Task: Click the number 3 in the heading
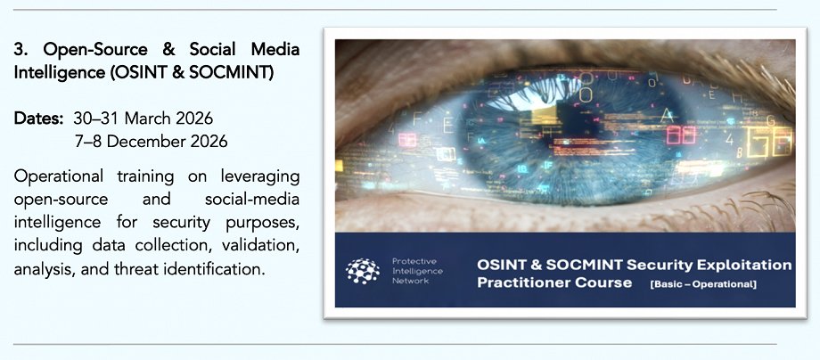pyautogui.click(x=20, y=50)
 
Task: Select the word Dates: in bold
pyautogui.click(x=38, y=119)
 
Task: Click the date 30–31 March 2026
pyautogui.click(x=143, y=119)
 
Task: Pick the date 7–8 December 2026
pyautogui.click(x=152, y=141)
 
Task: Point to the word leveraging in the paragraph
pyautogui.click(x=260, y=177)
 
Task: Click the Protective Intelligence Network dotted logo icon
pyautogui.click(x=363, y=271)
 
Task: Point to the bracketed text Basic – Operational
pyautogui.click(x=703, y=285)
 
